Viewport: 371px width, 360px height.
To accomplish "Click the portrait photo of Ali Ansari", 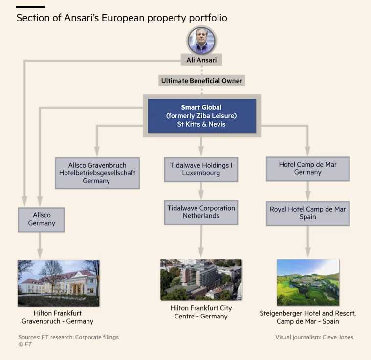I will tap(201, 41).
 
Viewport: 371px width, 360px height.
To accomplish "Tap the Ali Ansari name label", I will tap(201, 60).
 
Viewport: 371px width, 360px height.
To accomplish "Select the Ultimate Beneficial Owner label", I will tap(201, 81).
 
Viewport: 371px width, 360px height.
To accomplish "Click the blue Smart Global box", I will tap(201, 116).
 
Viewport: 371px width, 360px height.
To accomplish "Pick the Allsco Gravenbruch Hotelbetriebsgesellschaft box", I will tap(97, 172).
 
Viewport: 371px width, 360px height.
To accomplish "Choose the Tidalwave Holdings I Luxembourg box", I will tap(201, 169).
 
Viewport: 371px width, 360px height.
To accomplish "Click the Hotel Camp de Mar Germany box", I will tap(307, 169).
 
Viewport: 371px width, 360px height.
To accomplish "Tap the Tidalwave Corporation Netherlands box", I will tap(201, 212).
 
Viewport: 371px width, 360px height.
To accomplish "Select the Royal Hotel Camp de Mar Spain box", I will tap(307, 212).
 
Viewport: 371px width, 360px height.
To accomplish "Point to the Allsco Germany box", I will tap(42, 219).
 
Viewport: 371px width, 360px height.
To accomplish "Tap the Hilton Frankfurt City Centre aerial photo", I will tap(201, 279).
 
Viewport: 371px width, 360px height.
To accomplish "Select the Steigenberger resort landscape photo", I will tap(308, 282).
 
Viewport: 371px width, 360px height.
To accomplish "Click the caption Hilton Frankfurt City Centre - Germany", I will tap(201, 312).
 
